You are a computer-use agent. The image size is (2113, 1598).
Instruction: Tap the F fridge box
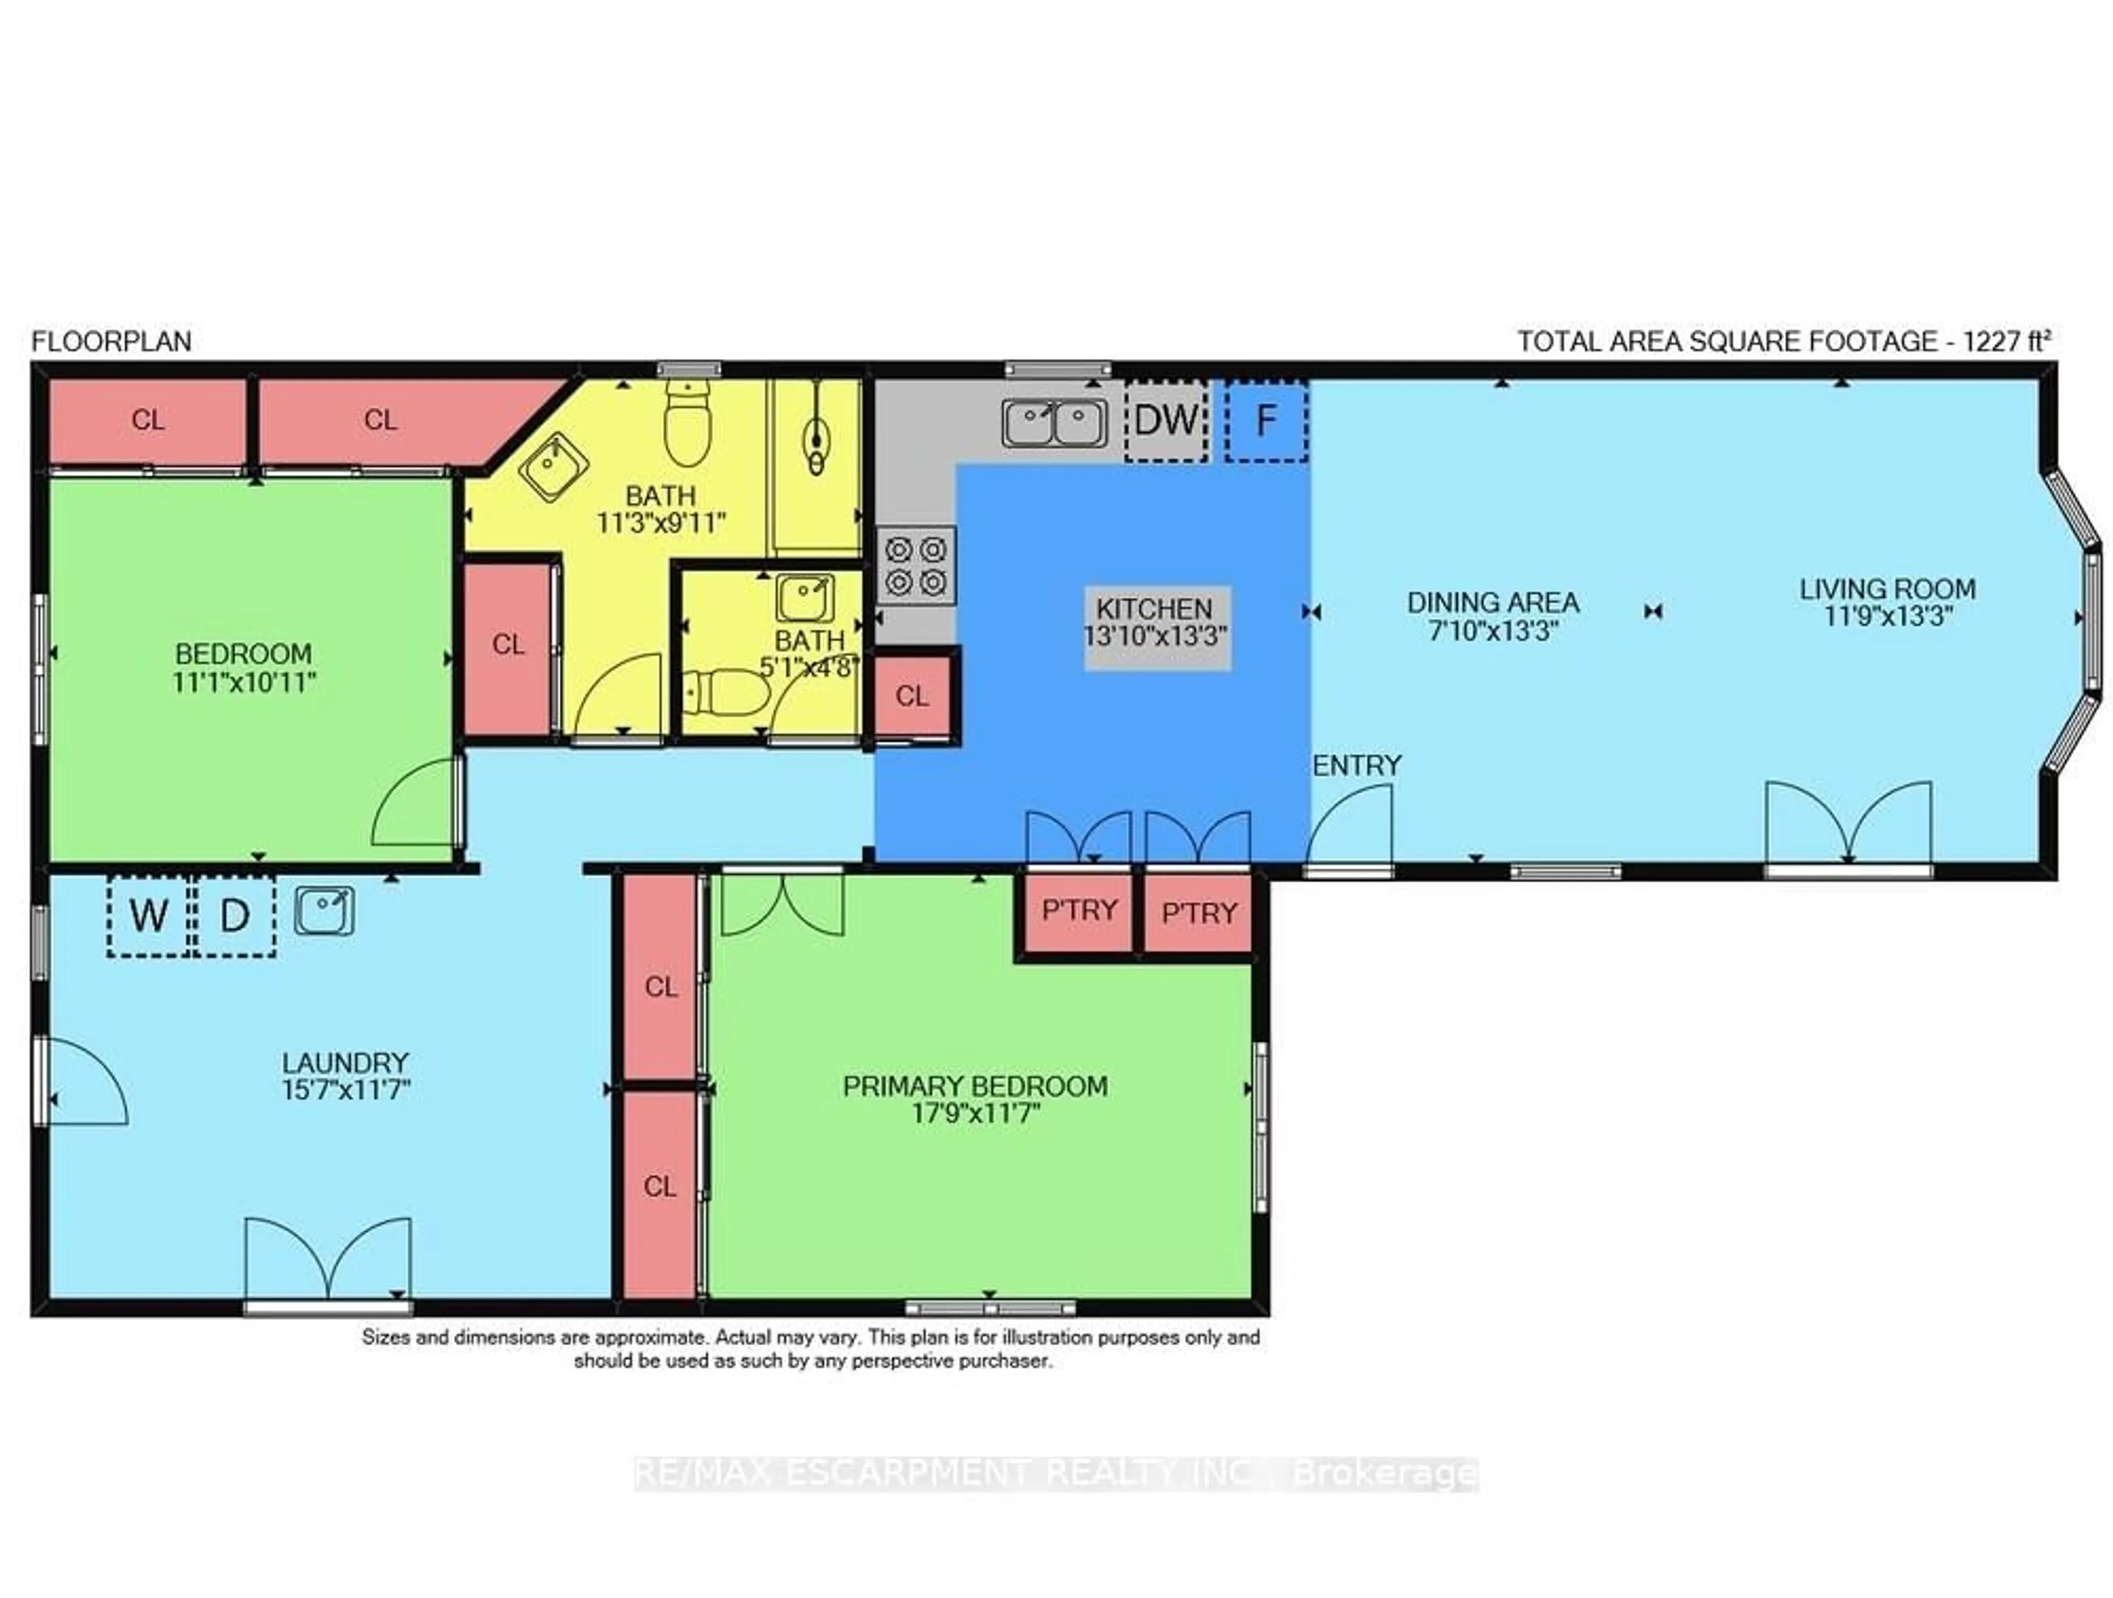1266,421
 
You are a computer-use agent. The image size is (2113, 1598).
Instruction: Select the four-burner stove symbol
915,566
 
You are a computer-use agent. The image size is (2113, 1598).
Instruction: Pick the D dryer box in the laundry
235,915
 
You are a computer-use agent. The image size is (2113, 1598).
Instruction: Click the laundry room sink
324,910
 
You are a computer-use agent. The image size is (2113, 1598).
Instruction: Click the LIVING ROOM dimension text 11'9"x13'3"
1887,617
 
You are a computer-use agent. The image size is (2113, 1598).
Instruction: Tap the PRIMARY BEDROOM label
975,1087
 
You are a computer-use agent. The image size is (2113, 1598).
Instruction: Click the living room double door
1848,824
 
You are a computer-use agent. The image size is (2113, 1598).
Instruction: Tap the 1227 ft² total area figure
2006,341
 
